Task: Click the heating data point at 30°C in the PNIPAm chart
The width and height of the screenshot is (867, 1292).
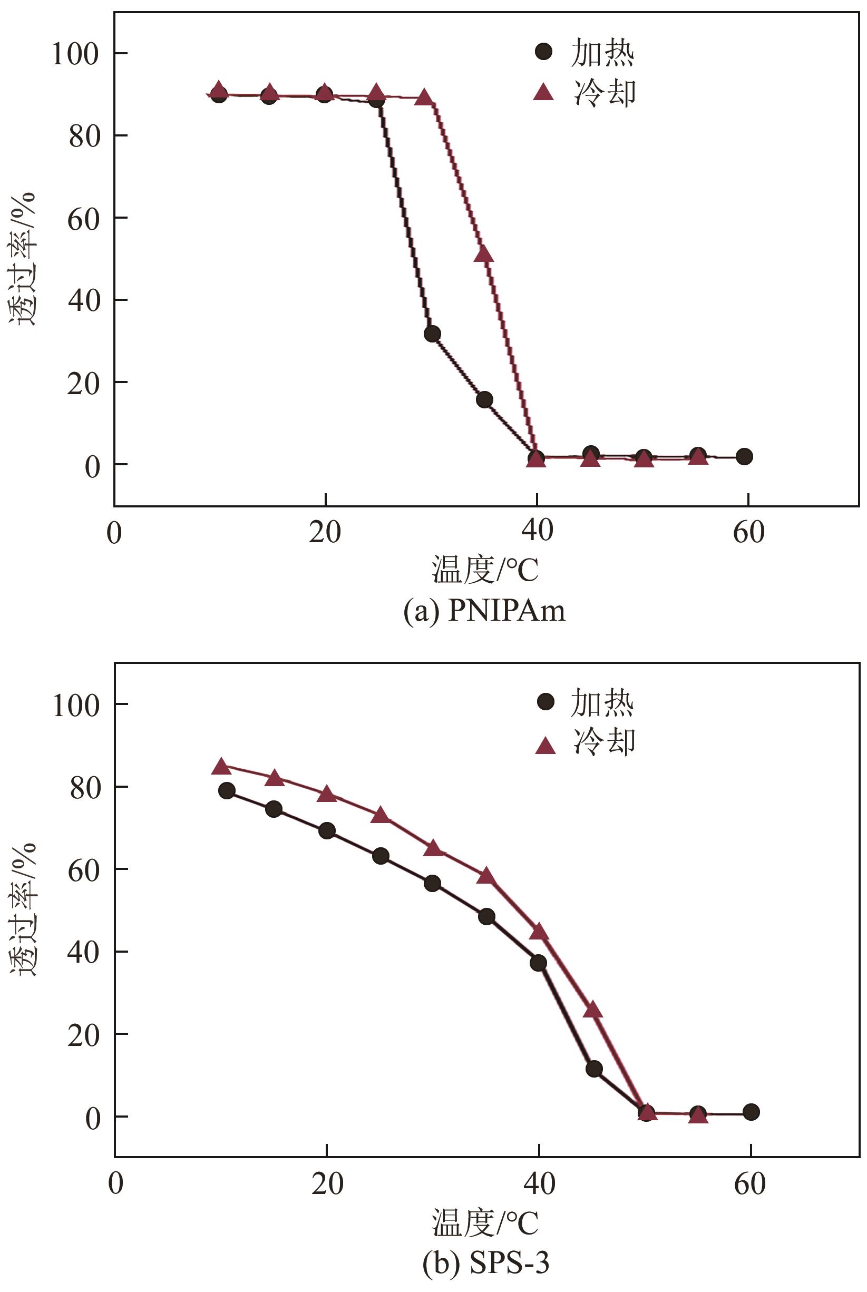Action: point(432,334)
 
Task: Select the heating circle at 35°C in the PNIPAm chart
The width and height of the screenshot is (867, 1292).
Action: point(484,400)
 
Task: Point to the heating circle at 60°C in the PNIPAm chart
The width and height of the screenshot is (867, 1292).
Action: point(744,457)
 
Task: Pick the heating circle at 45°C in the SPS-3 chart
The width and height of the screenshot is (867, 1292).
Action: point(594,1069)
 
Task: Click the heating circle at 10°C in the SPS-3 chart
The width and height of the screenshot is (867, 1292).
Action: point(227,790)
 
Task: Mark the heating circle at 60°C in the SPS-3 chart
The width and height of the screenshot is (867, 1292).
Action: point(751,1112)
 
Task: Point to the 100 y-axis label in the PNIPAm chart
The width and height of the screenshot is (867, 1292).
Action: point(75,54)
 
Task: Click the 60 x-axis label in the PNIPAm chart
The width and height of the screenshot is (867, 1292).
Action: point(748,532)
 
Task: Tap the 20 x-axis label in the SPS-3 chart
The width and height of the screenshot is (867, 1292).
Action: point(327,1183)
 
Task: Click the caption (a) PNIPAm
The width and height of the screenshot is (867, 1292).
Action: point(484,611)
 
